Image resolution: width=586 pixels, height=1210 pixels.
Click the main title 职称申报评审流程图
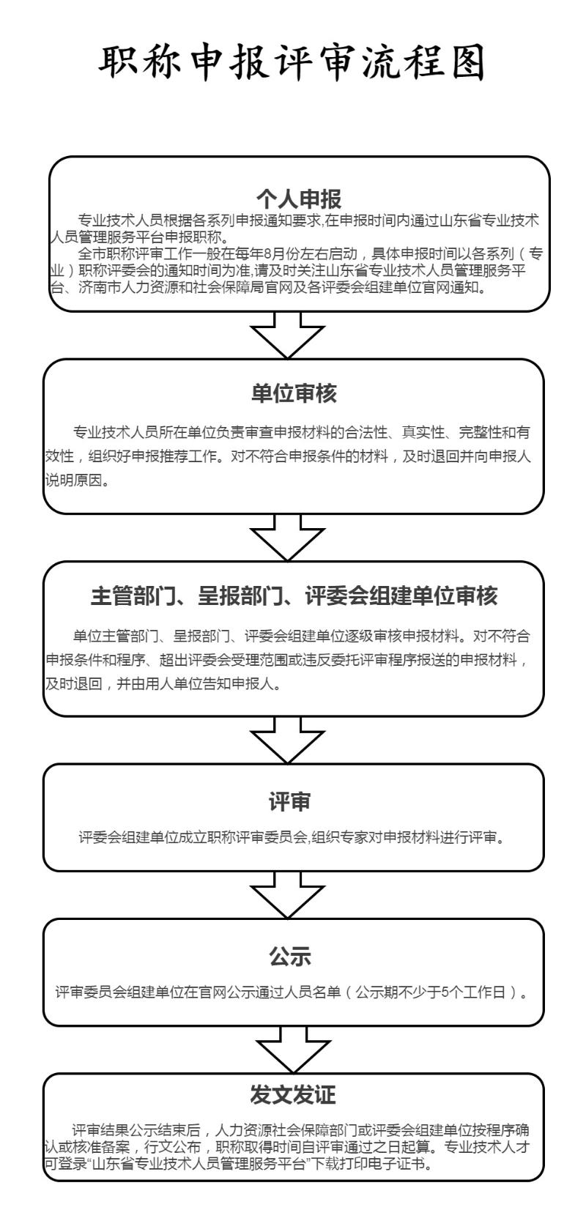click(x=291, y=63)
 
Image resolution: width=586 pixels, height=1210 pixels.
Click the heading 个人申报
click(x=299, y=198)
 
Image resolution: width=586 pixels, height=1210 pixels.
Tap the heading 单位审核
click(x=294, y=393)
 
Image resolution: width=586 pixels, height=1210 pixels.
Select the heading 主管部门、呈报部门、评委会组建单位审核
click(x=294, y=595)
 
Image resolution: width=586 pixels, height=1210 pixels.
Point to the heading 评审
click(x=289, y=801)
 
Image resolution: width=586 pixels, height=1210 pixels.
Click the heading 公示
click(x=290, y=957)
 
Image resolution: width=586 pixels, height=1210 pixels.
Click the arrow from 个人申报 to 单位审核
click(x=287, y=335)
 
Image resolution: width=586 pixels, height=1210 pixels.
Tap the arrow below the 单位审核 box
click(x=287, y=538)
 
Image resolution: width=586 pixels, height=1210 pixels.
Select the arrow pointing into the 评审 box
click(x=287, y=741)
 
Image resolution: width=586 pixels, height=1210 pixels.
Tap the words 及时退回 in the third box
click(x=73, y=684)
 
